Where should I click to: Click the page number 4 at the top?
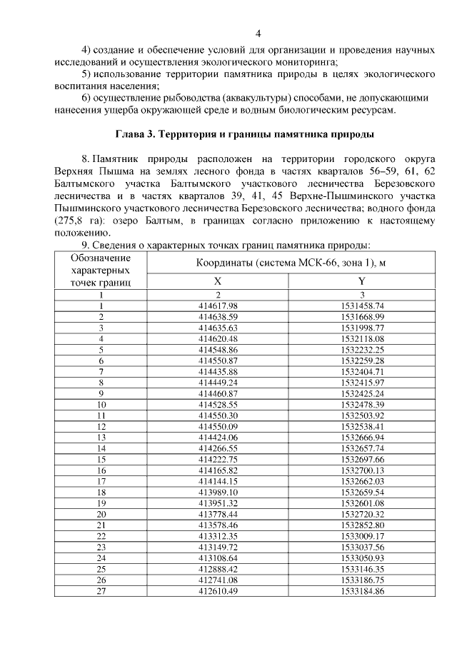(259, 33)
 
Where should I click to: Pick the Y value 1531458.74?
(362, 305)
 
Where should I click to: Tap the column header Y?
(362, 281)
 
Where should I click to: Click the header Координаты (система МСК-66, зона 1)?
(291, 263)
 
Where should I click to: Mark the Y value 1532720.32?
(362, 513)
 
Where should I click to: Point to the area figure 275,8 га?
(79, 221)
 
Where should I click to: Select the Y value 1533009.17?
(362, 535)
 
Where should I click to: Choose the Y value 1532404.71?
(362, 371)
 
